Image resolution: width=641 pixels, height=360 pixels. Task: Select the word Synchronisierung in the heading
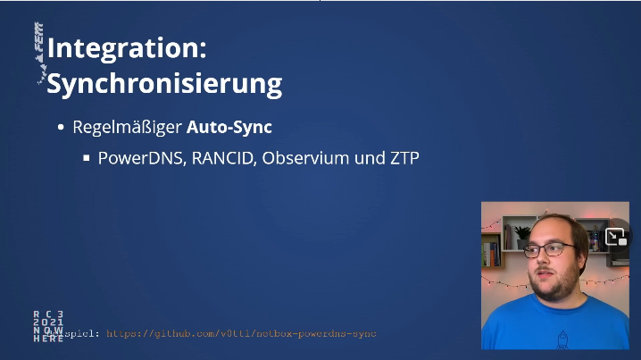click(164, 84)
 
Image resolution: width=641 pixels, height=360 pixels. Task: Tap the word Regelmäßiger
click(127, 127)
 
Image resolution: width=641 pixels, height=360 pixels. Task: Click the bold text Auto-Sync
click(229, 127)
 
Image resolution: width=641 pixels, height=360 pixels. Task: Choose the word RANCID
click(221, 159)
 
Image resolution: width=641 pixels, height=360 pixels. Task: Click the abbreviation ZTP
click(402, 159)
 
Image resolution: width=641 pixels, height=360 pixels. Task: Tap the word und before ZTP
click(366, 159)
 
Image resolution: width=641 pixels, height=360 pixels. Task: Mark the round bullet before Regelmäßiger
click(62, 128)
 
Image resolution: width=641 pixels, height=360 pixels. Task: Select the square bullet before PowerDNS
click(87, 159)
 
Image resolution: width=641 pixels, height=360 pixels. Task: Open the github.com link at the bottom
click(241, 333)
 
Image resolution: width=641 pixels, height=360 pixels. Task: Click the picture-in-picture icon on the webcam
click(615, 237)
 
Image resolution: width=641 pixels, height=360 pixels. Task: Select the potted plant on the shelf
click(521, 235)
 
